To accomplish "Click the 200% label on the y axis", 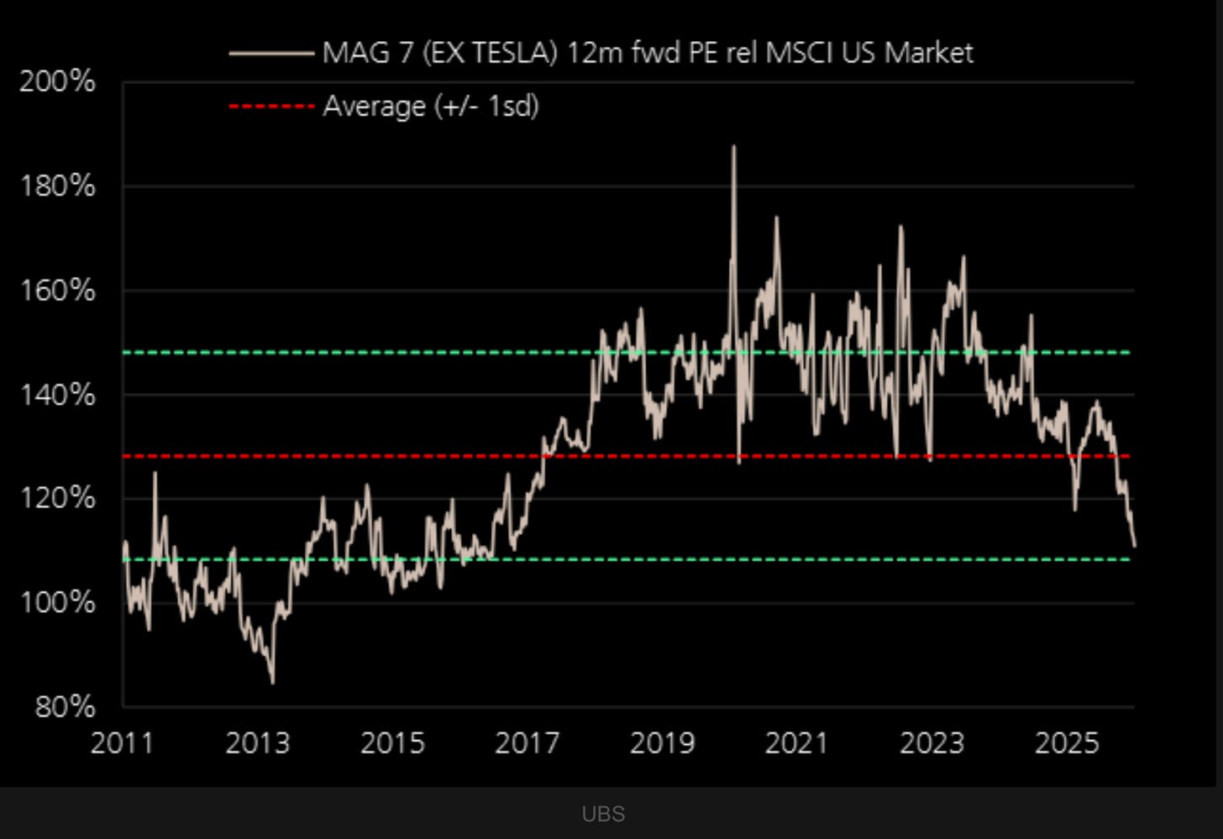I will (57, 82).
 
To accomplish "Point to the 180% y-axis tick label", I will (57, 186).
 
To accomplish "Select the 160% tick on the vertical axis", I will (57, 291).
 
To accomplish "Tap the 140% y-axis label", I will (57, 394).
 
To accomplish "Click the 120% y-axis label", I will (57, 498).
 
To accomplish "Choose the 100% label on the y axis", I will (57, 602).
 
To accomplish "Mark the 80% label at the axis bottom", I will (65, 706).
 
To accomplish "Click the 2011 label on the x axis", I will (123, 743).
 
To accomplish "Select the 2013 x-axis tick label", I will (257, 743).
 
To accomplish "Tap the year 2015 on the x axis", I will (392, 743).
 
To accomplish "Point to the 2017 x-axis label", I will (527, 743).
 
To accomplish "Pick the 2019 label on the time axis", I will (662, 743).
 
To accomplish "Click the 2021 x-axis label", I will (796, 743).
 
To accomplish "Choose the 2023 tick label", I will (932, 743).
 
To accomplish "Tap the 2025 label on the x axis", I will (1067, 743).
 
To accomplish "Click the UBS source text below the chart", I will (603, 814).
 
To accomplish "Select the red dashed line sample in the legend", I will (270, 107).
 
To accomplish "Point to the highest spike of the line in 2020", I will (733, 147).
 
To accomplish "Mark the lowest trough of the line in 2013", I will (272, 682).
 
